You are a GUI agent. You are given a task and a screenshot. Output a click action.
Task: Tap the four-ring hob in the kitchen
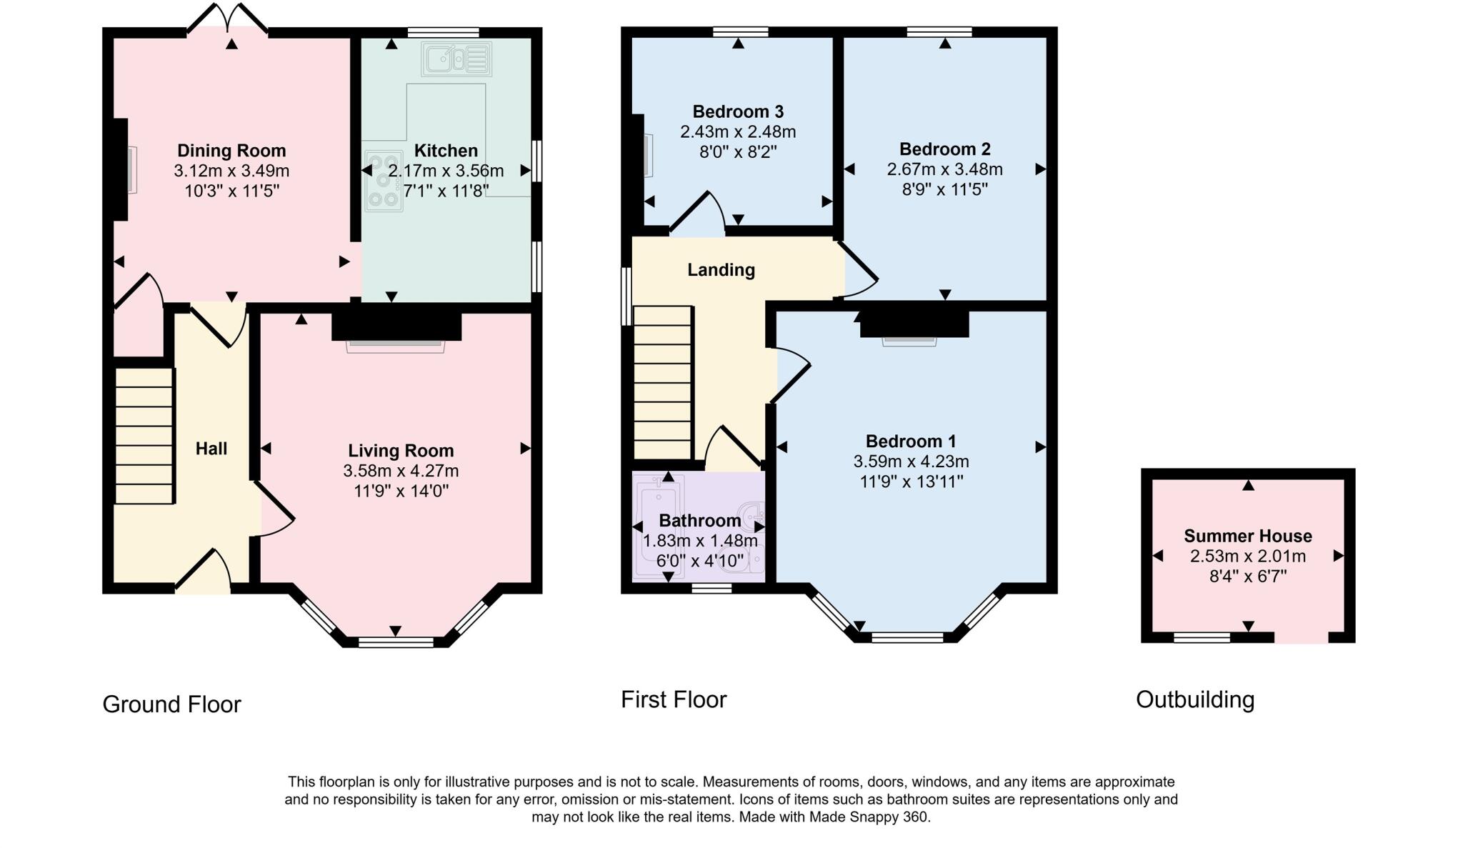(x=384, y=181)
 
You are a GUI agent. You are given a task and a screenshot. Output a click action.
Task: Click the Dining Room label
(x=231, y=151)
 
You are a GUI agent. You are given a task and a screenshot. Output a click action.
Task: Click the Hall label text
(x=211, y=449)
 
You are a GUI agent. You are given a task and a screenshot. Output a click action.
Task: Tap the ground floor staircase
(x=144, y=436)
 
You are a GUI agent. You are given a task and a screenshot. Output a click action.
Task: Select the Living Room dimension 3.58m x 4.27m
(x=401, y=472)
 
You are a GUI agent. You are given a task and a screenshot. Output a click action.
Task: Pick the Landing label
(x=721, y=270)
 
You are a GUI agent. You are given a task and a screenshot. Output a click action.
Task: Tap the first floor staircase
(x=663, y=382)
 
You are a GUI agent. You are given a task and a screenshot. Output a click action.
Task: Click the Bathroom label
(x=699, y=521)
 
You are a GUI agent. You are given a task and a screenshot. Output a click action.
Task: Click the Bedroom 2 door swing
(x=859, y=271)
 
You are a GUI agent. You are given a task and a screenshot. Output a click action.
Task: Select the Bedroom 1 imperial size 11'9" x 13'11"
(x=912, y=482)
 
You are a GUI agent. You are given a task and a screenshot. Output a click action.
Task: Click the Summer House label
(x=1247, y=537)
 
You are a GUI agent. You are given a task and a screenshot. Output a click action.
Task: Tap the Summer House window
(x=1202, y=637)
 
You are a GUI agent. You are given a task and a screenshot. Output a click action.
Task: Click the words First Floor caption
(x=673, y=699)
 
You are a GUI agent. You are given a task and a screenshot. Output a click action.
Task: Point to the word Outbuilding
(x=1194, y=699)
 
